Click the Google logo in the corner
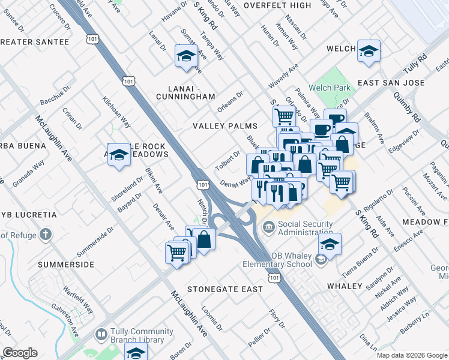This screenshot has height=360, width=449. click(x=20, y=353)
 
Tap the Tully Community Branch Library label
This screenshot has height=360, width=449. click(x=137, y=335)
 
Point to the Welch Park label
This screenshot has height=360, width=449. click(x=330, y=88)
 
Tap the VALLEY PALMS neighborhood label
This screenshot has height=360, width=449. click(x=224, y=126)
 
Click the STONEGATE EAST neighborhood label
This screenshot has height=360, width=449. click(x=224, y=289)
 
